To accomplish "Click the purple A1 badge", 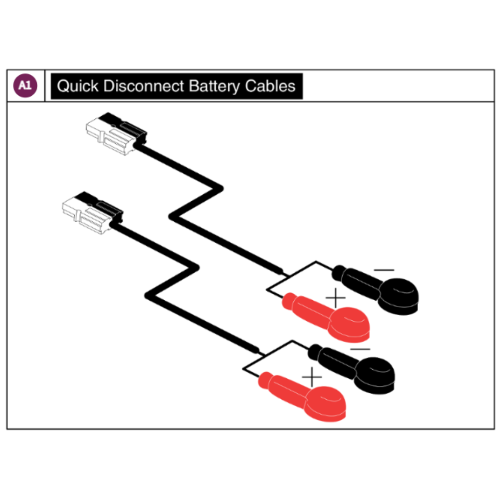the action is point(25,86).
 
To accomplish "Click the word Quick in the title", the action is point(78,86).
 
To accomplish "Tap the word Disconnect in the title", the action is point(144,86).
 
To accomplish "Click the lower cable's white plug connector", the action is point(92,213).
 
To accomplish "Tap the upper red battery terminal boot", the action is point(327,317).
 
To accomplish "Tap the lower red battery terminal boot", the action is point(303,396).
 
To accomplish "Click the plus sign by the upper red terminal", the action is point(335,298).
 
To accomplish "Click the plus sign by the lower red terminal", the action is point(311,377).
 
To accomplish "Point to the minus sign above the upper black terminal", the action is point(384,270).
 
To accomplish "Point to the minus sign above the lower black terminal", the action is point(360,349).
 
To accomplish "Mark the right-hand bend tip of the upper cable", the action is point(222,189).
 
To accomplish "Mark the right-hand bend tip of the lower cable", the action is point(198,268).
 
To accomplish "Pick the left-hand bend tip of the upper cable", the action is point(170,217).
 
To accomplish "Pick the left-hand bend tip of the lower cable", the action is point(146,296).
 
